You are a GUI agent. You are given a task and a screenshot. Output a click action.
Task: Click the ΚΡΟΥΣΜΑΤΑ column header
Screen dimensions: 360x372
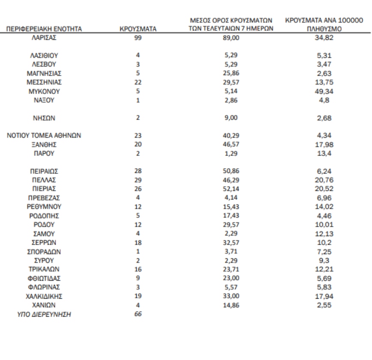[138, 29]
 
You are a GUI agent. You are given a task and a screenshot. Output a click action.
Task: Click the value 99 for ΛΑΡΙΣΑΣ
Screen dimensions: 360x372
[138, 38]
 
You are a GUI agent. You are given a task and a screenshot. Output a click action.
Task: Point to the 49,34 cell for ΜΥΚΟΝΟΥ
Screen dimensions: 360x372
[324, 91]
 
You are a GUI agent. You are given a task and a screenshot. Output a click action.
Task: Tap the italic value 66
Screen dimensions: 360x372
[138, 314]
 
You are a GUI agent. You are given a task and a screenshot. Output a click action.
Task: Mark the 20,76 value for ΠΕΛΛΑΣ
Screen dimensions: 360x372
[324, 180]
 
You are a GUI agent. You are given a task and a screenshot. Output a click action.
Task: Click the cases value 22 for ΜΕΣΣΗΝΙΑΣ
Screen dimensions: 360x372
[138, 82]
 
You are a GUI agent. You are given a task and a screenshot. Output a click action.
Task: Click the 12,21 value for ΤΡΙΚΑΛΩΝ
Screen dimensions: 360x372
[324, 269]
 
